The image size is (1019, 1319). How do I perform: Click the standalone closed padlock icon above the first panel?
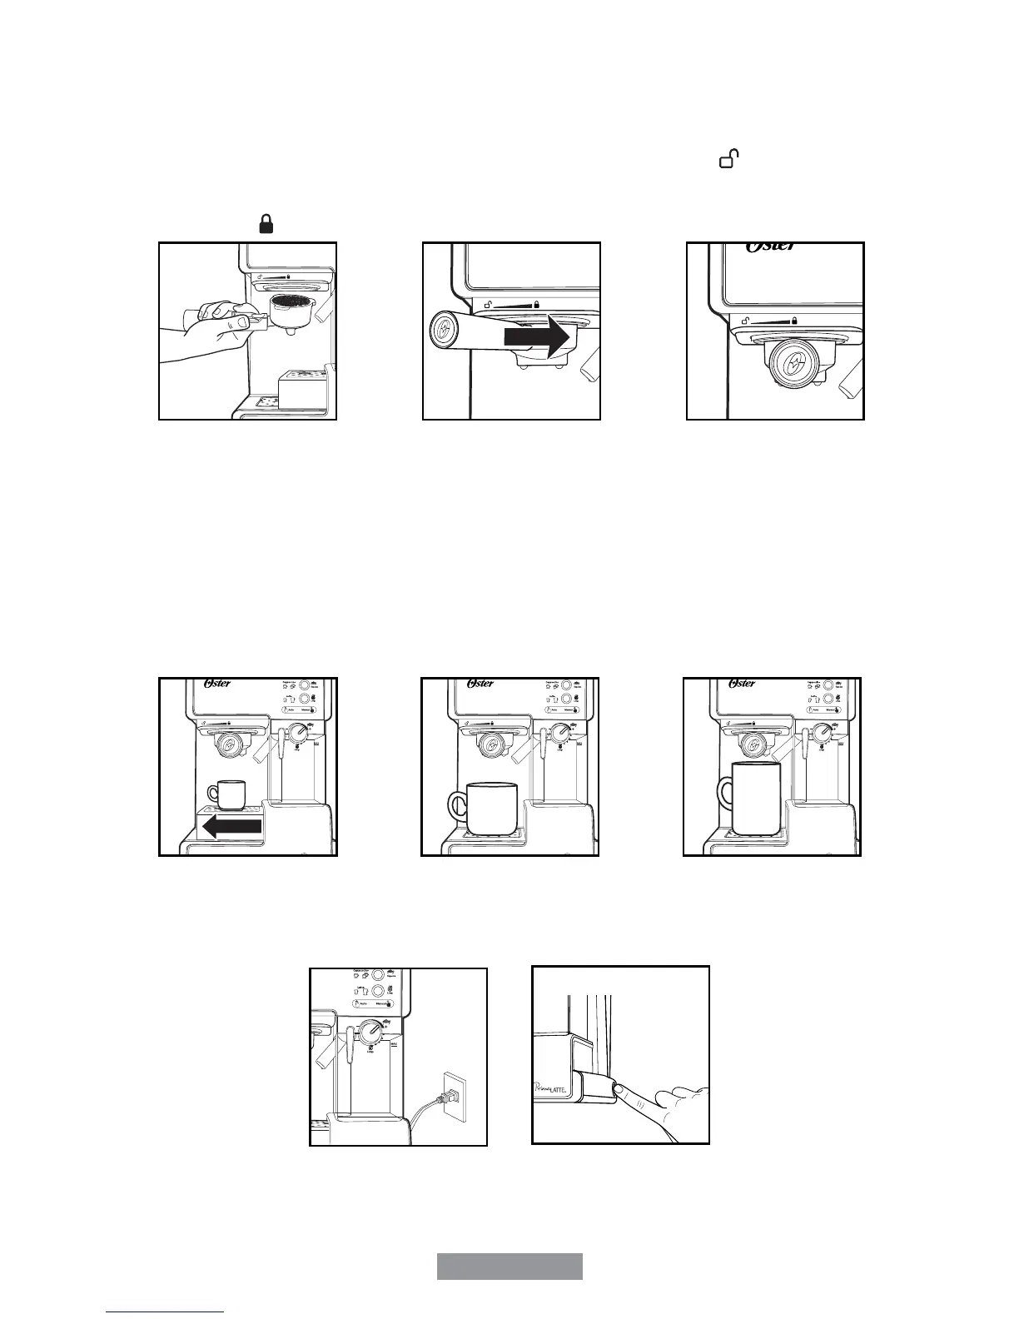[x=266, y=224]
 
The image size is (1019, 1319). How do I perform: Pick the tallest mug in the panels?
[x=754, y=798]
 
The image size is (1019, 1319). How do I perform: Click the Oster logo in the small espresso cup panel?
[x=217, y=684]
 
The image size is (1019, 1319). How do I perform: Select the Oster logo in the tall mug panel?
[x=742, y=684]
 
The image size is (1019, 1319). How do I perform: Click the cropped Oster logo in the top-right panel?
[x=770, y=247]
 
